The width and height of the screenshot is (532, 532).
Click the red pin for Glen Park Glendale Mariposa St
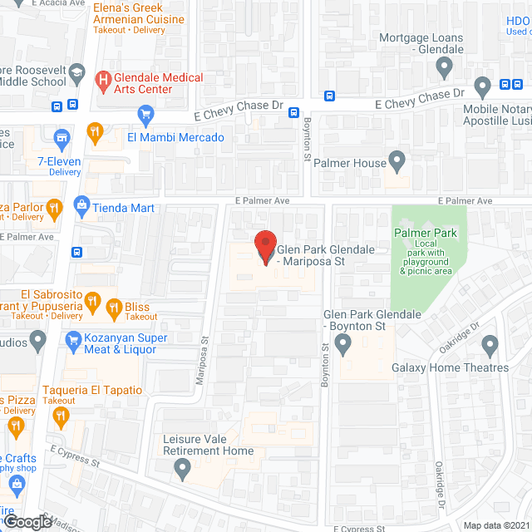coord(265,247)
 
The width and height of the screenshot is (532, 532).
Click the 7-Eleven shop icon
coord(61,137)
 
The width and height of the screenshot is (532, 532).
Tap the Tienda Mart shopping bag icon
coord(81,204)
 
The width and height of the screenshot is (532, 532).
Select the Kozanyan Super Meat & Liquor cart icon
coord(72,341)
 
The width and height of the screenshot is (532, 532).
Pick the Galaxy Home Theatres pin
coord(489,344)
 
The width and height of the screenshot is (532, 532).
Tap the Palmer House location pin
coord(397,158)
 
